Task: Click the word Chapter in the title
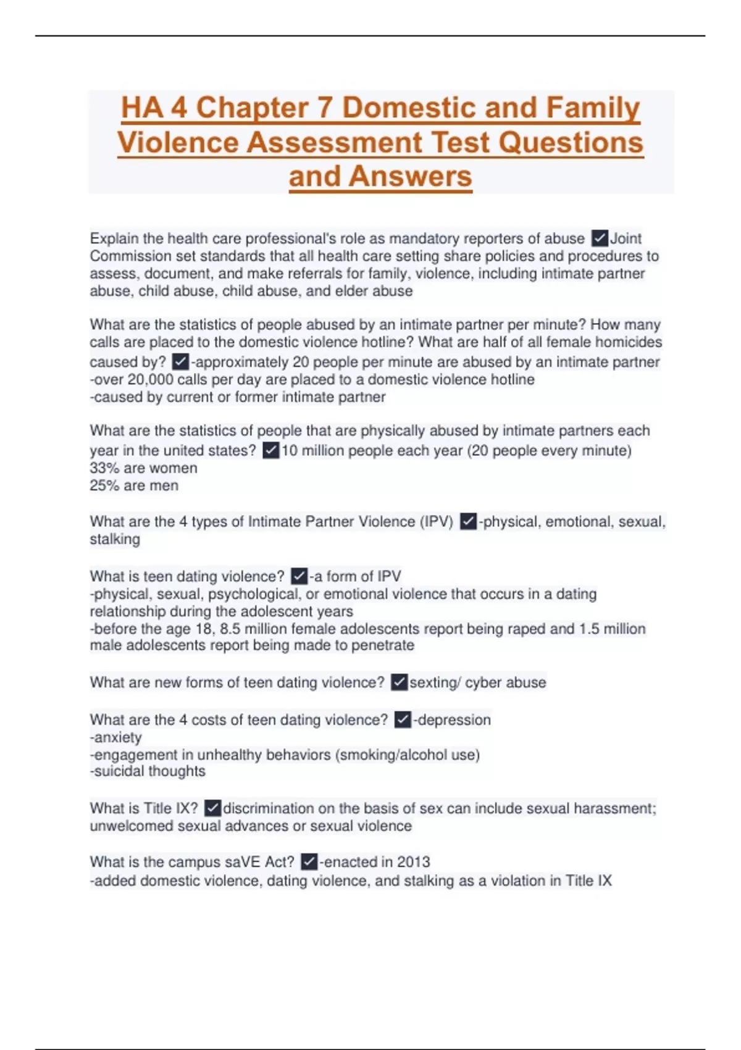point(252,107)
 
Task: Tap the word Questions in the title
point(571,142)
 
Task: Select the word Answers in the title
point(410,177)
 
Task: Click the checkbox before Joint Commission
point(600,238)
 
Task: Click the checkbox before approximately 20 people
point(180,361)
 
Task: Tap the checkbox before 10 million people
point(270,450)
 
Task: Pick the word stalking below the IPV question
point(115,539)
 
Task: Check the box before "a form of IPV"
point(299,576)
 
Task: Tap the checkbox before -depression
point(403,720)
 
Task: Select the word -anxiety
point(116,737)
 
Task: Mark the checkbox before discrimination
point(212,808)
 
